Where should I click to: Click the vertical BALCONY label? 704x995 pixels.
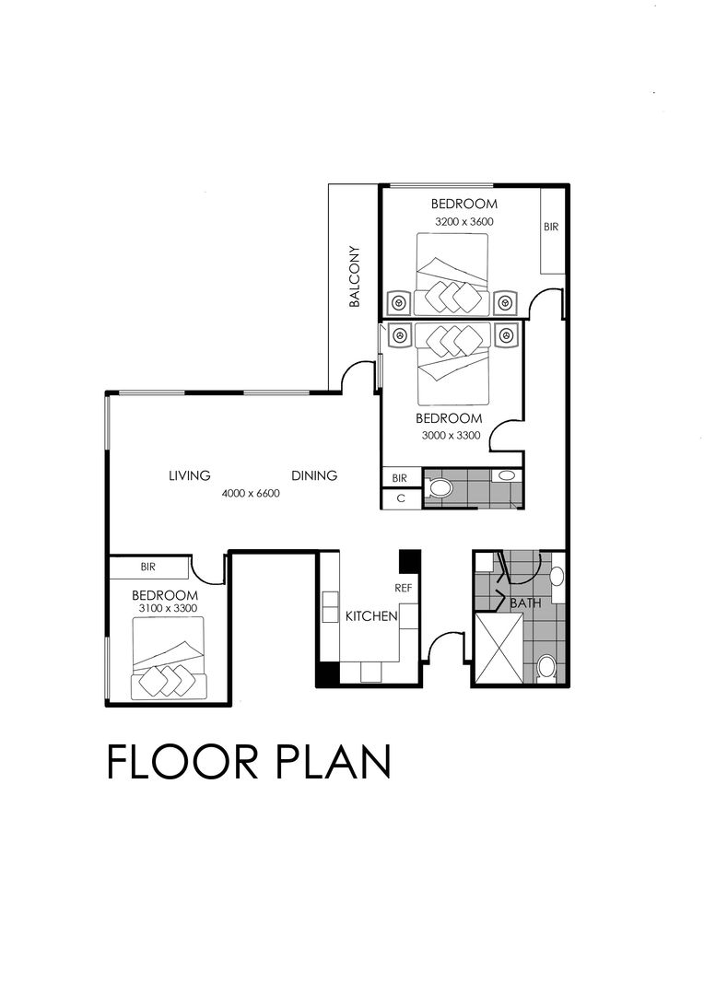354,276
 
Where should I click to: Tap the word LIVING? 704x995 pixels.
190,476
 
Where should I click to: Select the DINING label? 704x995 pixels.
314,476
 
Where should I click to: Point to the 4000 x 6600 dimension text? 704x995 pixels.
251,494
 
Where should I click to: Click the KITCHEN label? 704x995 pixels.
371,615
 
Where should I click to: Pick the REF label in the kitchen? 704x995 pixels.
403,587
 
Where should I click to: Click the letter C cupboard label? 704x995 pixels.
400,499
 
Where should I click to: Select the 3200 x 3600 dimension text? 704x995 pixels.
464,222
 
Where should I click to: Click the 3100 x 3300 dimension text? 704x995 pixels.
168,609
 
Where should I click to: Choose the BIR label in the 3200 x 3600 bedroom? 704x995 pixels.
550,227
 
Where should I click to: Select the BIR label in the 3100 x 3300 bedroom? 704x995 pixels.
148,568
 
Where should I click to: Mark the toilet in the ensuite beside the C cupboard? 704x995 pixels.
440,487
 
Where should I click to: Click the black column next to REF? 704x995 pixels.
409,561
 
